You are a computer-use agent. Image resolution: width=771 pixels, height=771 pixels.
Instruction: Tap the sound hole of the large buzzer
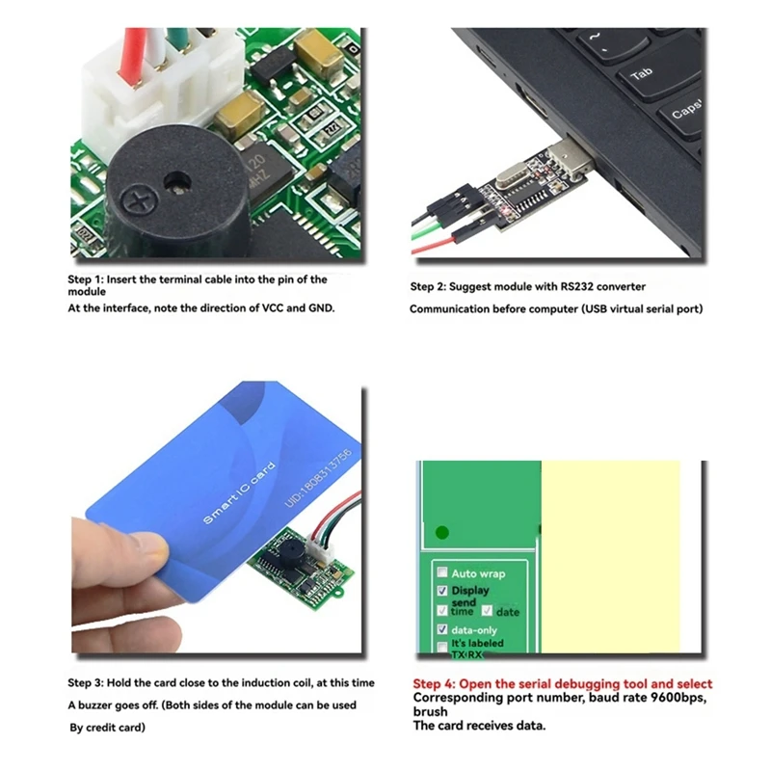[x=176, y=179]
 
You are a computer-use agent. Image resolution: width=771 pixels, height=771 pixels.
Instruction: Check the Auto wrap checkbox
[x=442, y=572]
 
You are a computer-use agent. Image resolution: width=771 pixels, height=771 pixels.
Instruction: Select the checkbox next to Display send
[x=442, y=591]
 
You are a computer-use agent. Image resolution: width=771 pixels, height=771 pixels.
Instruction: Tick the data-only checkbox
[x=442, y=628]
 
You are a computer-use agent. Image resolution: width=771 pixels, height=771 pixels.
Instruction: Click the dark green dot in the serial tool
[x=442, y=531]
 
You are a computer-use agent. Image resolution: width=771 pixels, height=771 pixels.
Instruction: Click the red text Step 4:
[x=439, y=683]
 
